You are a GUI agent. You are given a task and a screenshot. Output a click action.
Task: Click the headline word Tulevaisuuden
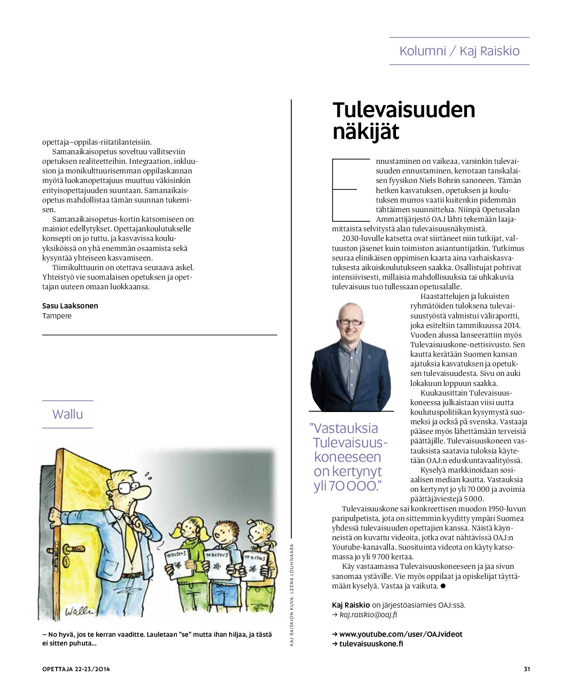coord(403,110)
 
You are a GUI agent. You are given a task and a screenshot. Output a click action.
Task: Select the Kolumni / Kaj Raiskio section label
coord(459,51)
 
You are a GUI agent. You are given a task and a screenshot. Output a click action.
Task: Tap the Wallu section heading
coord(68,414)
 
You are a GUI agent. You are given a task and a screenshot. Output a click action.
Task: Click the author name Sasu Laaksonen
coord(70,306)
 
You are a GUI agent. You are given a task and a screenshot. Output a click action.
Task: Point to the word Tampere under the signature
coord(57,316)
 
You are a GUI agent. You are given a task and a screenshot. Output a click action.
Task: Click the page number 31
coord(527,669)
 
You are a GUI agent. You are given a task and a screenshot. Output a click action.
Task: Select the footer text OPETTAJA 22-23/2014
coord(76,669)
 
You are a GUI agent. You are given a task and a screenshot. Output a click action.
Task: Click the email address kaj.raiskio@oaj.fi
coord(368,615)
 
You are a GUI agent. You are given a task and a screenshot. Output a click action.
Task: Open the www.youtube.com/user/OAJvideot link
coord(400,634)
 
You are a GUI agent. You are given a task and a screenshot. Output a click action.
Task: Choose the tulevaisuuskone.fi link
coord(371,644)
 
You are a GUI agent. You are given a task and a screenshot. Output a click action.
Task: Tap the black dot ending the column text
coord(443,586)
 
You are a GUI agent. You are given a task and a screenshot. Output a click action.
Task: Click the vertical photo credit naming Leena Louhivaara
coord(292,595)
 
